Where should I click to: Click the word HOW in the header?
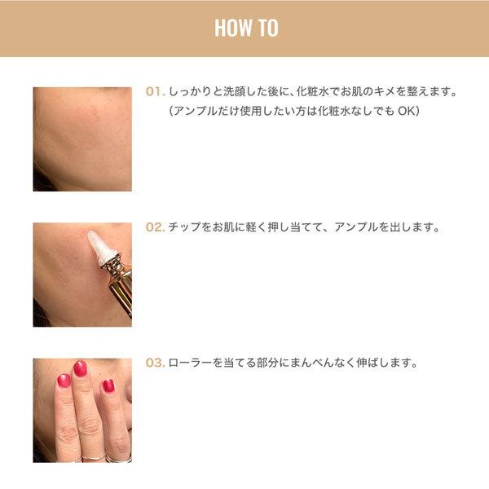233,28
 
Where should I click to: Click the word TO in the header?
268,28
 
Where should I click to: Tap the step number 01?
155,91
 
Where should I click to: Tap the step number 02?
155,227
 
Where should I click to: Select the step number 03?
155,363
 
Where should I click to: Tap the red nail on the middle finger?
80,368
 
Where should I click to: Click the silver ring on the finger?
94,458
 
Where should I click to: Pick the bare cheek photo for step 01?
82,139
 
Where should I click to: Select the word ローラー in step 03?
190,363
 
